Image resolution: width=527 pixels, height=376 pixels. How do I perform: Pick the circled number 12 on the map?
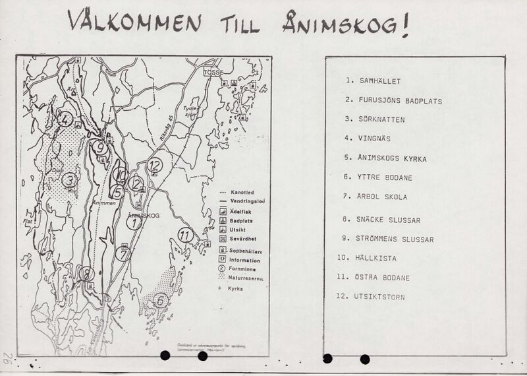click(155, 165)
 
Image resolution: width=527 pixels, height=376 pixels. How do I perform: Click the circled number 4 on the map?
click(64, 119)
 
